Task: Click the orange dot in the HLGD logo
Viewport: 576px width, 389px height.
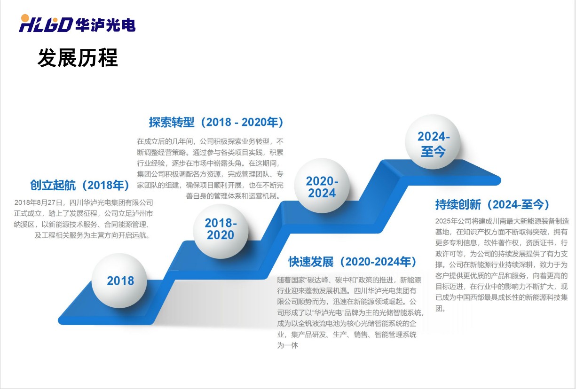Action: click(x=25, y=18)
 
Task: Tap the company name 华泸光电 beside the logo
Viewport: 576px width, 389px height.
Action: click(x=105, y=25)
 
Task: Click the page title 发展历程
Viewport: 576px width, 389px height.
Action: click(x=78, y=58)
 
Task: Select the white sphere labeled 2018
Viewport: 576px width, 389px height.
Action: click(x=119, y=280)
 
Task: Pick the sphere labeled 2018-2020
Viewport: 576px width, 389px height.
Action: click(x=221, y=231)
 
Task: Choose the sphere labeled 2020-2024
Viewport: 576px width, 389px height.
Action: click(x=322, y=186)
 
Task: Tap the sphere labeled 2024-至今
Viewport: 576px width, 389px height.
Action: click(x=433, y=142)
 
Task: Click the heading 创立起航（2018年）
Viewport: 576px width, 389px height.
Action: click(x=80, y=185)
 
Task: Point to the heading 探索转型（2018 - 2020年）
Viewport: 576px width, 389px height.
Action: click(x=216, y=122)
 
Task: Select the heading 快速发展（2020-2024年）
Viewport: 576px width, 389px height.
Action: click(x=352, y=262)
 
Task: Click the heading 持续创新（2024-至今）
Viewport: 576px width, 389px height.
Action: click(x=492, y=205)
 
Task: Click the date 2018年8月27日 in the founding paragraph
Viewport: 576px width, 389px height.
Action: click(x=38, y=202)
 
